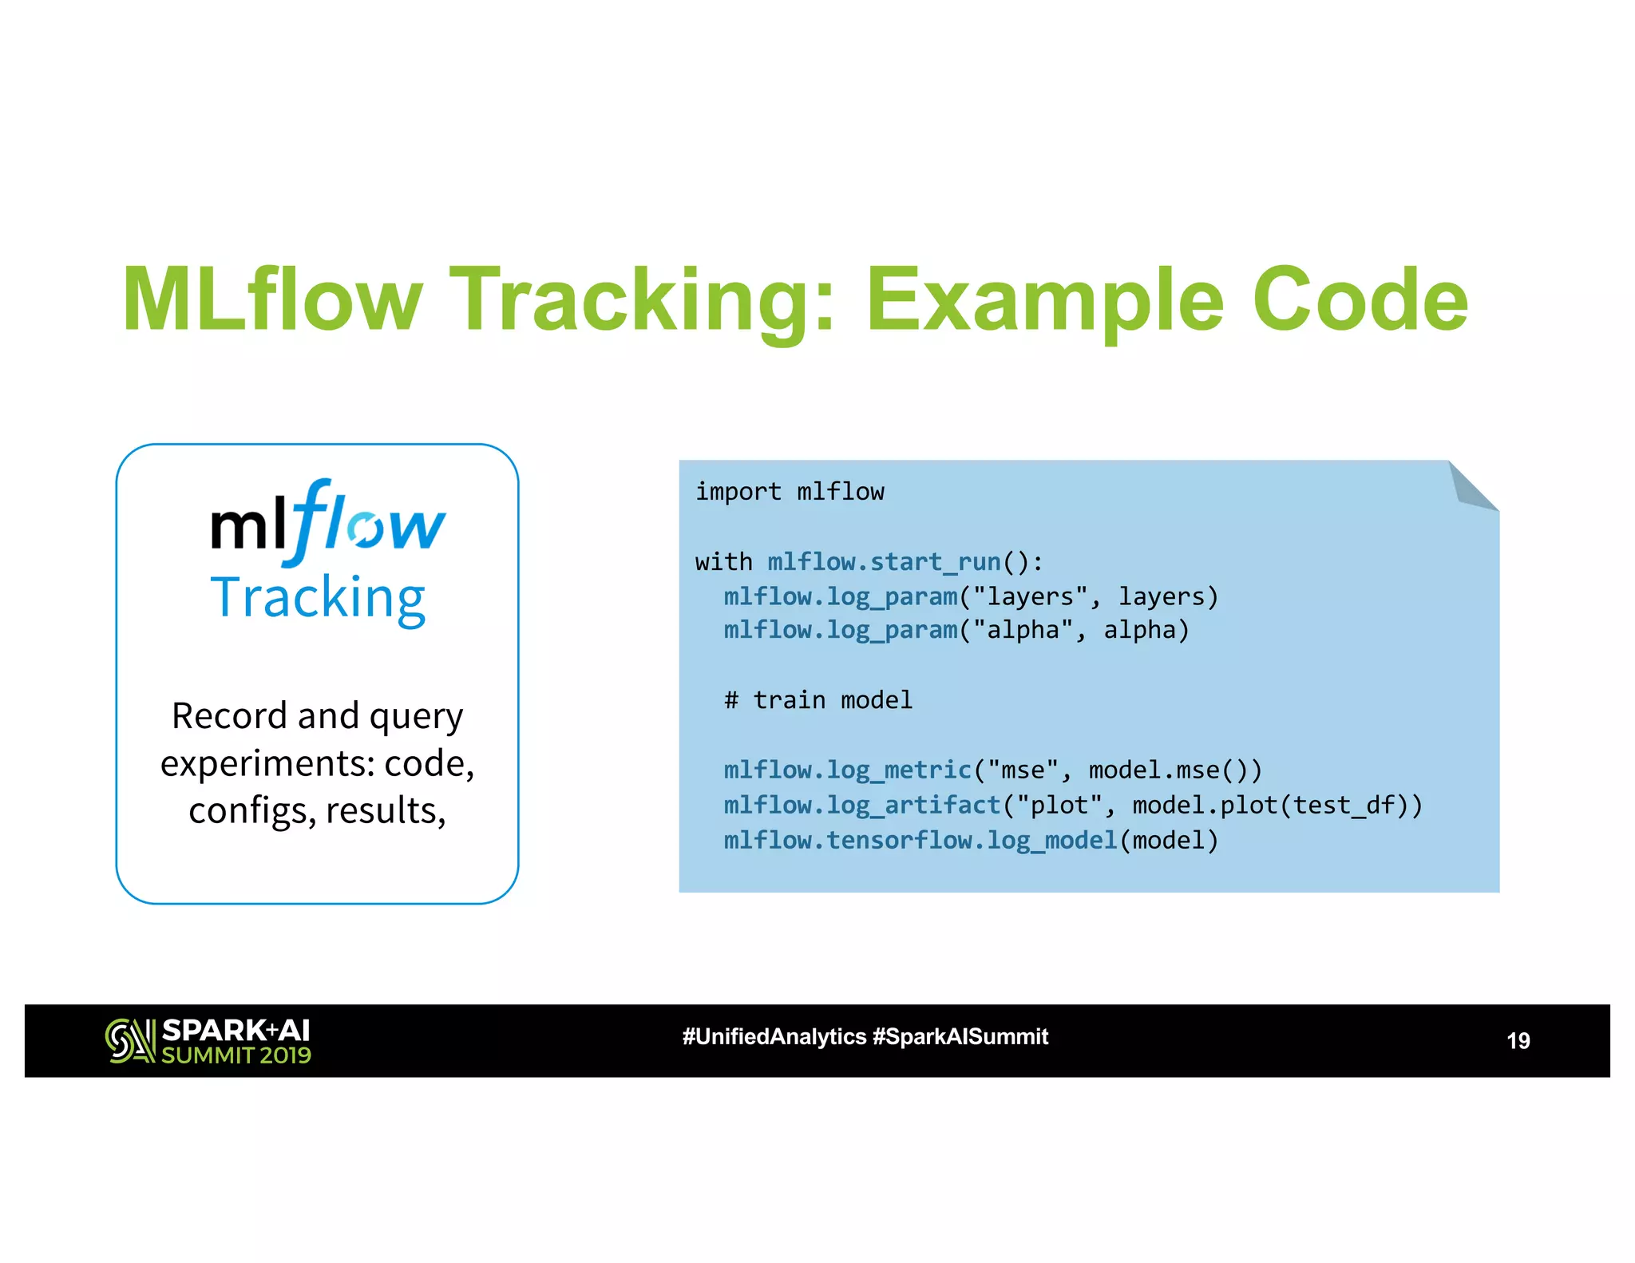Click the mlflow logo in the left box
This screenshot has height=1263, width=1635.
coord(327,523)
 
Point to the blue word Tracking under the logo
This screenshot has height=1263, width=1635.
coord(318,598)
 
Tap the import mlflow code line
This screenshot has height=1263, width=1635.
coord(790,492)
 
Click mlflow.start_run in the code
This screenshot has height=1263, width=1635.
coord(884,562)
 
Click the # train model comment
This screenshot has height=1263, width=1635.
coord(817,700)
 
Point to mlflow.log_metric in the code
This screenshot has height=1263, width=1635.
coord(847,770)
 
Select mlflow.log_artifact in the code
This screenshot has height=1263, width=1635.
coord(861,805)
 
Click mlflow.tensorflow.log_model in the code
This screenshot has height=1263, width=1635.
coord(920,840)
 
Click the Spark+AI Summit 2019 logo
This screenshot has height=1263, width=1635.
coord(208,1040)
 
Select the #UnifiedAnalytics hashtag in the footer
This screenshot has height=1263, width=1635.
coord(774,1036)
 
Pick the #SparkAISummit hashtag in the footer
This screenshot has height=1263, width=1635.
coord(960,1036)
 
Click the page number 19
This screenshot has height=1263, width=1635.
coord(1518,1040)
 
